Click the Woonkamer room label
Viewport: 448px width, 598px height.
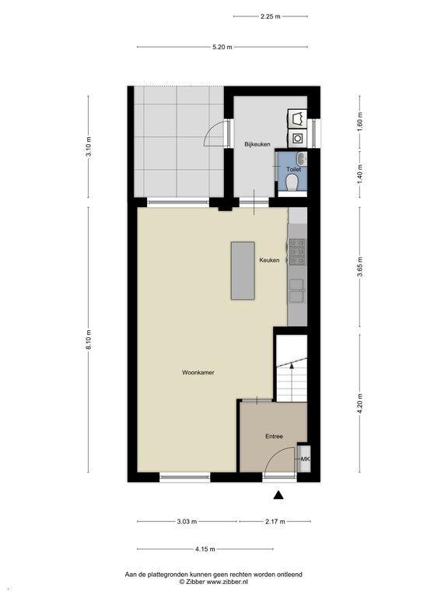coord(198,372)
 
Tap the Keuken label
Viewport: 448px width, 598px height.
coord(269,260)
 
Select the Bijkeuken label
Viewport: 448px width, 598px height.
coord(257,144)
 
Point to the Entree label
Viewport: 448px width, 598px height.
coord(274,436)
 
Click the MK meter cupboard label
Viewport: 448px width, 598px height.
coord(305,459)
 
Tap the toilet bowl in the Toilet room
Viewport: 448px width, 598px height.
coord(292,182)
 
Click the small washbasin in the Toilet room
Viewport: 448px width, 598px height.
coord(302,157)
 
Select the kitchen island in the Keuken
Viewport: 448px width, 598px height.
coord(243,270)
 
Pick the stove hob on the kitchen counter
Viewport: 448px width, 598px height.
coord(297,252)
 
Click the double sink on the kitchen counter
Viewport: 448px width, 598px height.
coord(296,290)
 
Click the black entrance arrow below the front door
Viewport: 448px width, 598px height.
coord(279,494)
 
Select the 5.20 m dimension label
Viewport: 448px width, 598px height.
coord(222,47)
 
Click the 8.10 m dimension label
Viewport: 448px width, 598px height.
coord(89,339)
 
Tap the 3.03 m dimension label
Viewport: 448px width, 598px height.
coord(187,522)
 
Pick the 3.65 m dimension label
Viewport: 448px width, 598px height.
coord(360,267)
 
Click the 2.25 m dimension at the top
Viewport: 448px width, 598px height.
coord(271,16)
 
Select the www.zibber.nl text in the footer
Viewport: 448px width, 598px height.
coord(227,582)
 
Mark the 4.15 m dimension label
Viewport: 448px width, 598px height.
coord(205,549)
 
